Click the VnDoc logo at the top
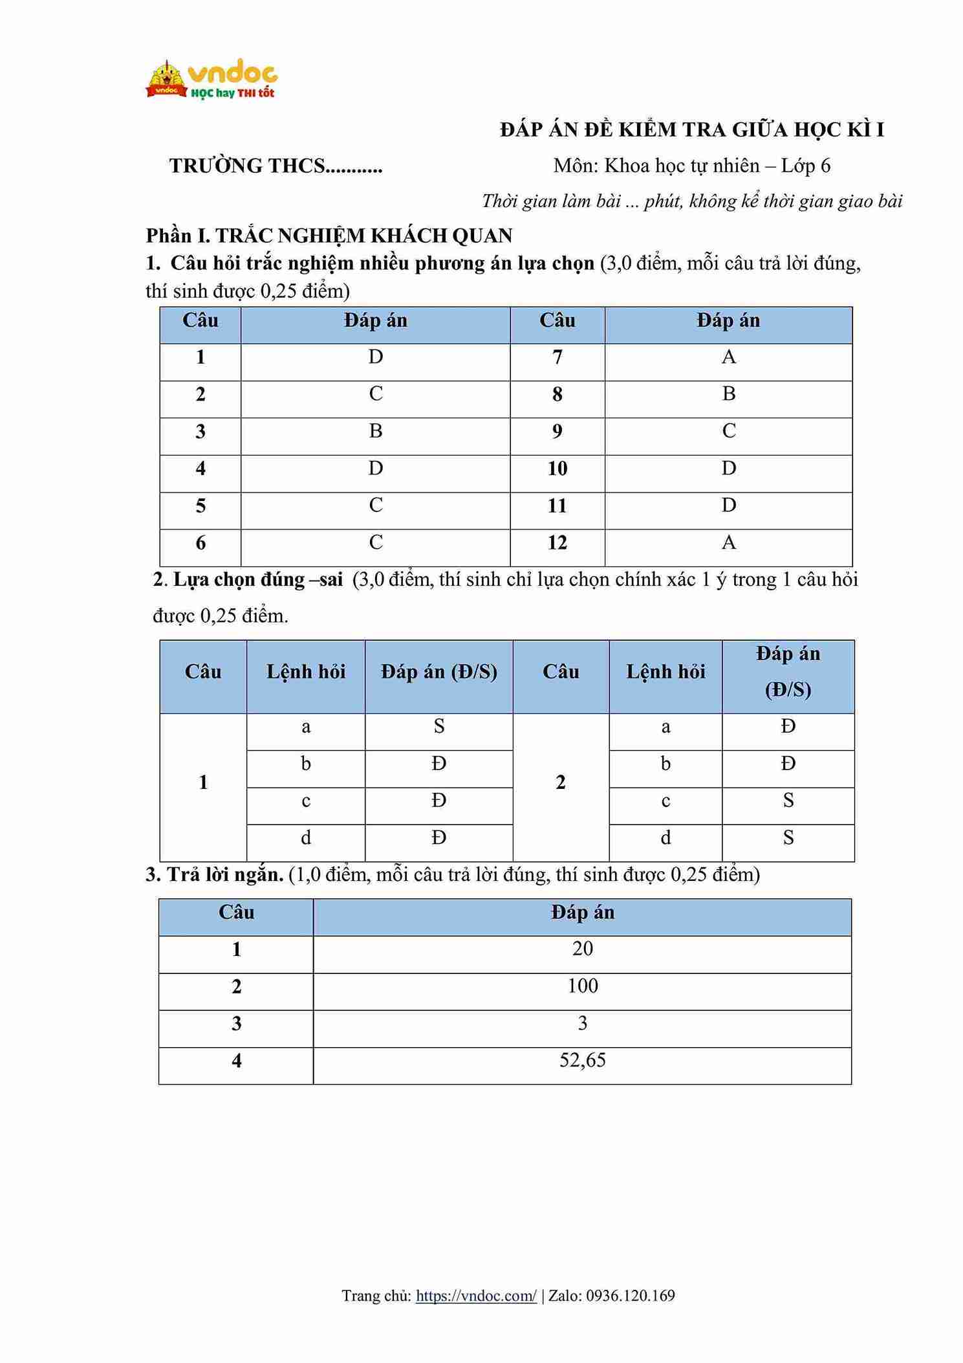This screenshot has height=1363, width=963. (x=211, y=80)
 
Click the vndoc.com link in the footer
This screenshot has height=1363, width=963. (x=476, y=1295)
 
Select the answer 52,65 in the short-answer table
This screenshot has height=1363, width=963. (x=582, y=1060)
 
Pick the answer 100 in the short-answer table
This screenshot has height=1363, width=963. (x=582, y=986)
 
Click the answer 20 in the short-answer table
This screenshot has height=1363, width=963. (x=582, y=949)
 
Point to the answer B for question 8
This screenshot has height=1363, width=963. (x=728, y=394)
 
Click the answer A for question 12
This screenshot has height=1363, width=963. (x=728, y=542)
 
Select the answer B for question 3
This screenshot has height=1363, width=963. (x=376, y=431)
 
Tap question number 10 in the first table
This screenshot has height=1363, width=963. (x=557, y=469)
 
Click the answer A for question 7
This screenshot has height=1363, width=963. (x=728, y=357)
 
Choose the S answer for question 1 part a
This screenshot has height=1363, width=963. (x=439, y=727)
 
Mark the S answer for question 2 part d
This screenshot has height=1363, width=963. (x=788, y=838)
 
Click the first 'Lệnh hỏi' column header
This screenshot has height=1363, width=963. (x=306, y=672)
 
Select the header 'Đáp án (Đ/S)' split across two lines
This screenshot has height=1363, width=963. (x=788, y=672)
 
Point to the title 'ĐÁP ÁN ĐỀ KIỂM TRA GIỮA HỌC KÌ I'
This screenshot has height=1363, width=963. (x=692, y=130)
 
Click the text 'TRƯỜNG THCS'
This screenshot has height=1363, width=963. (x=247, y=166)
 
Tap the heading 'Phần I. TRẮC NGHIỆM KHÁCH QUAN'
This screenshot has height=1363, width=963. (x=329, y=236)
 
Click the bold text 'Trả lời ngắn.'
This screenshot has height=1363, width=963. (x=224, y=875)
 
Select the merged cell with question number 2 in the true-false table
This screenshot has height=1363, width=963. (x=561, y=782)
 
